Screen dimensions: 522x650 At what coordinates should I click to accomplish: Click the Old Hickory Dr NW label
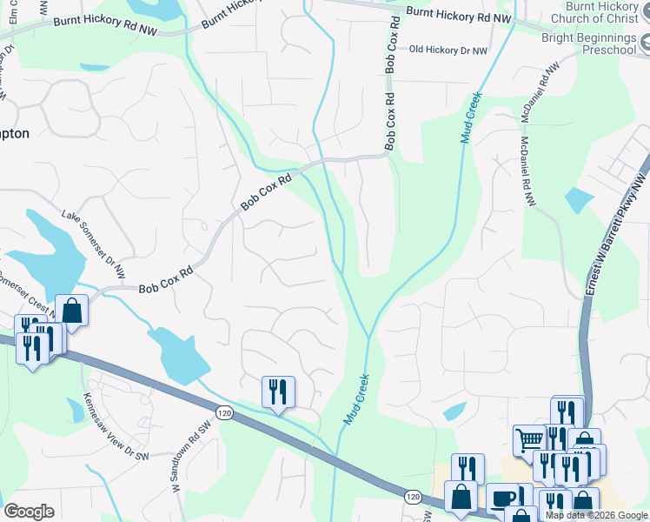point(448,50)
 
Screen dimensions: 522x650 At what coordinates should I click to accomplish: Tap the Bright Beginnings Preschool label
point(588,44)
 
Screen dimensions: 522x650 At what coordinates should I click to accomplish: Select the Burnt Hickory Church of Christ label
point(600,12)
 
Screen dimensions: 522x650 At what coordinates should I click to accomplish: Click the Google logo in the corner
point(29,512)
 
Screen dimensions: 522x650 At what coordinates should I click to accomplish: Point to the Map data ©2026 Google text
point(597,515)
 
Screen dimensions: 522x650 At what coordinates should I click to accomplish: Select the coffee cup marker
point(501,499)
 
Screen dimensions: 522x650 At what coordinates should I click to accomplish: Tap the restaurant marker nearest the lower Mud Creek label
point(278,391)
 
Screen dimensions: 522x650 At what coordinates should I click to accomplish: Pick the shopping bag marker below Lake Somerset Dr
point(71,311)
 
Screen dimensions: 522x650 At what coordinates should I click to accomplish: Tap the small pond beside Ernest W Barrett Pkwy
point(579,200)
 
